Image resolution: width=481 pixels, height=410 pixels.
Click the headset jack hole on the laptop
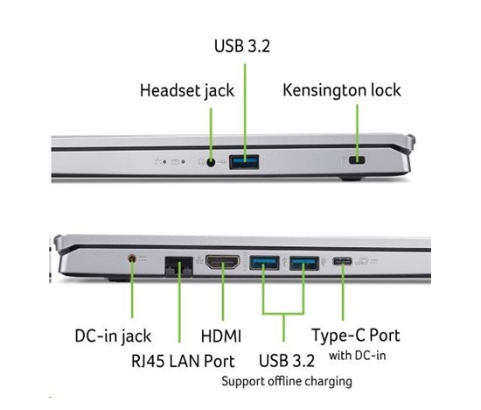click(211, 162)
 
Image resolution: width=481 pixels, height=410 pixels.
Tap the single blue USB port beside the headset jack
click(244, 162)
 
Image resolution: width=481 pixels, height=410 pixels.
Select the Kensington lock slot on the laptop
click(357, 160)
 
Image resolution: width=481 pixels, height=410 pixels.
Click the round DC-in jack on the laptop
click(132, 258)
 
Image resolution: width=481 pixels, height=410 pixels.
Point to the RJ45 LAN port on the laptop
click(179, 266)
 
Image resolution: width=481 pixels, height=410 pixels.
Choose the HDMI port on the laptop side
click(223, 263)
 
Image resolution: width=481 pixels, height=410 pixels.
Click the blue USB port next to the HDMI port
click(264, 263)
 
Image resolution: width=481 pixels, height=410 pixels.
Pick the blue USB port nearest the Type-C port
click(304, 263)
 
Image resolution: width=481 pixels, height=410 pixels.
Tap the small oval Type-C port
click(342, 262)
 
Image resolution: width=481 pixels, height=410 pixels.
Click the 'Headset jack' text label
click(187, 90)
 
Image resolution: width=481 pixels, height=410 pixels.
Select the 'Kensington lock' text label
click(342, 90)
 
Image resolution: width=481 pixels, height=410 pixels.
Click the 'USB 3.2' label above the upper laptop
click(242, 46)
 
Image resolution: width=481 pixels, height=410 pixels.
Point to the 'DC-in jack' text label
click(113, 336)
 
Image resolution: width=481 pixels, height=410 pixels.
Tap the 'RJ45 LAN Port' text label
click(183, 361)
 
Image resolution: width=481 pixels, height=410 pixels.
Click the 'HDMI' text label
click(221, 336)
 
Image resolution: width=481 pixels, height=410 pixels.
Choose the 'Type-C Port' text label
click(356, 336)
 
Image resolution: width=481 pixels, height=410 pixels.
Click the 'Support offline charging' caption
click(287, 381)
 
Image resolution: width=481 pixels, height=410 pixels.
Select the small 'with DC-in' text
click(358, 356)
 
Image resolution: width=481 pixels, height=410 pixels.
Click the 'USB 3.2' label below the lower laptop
click(287, 361)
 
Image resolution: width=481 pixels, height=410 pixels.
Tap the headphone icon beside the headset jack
click(201, 162)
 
